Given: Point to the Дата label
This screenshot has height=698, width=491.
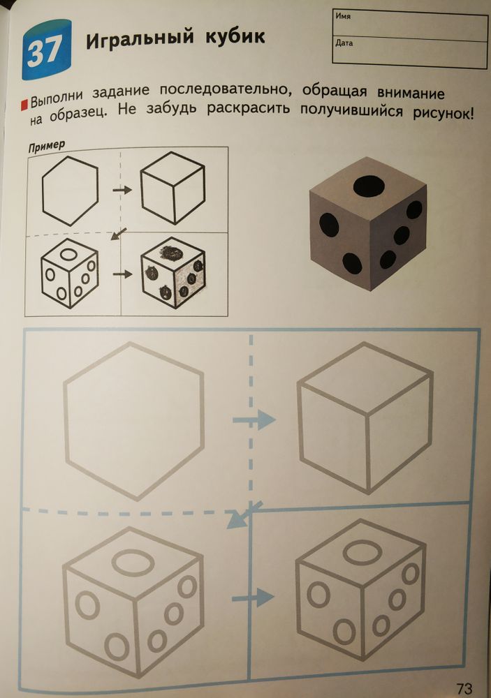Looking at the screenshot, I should pos(344,43).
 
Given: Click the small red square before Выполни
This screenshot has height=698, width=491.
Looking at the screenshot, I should pos(25,104).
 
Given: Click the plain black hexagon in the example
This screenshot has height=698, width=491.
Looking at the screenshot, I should pos(70,190).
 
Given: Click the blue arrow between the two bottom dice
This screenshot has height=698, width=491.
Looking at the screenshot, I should pos(252,597).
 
